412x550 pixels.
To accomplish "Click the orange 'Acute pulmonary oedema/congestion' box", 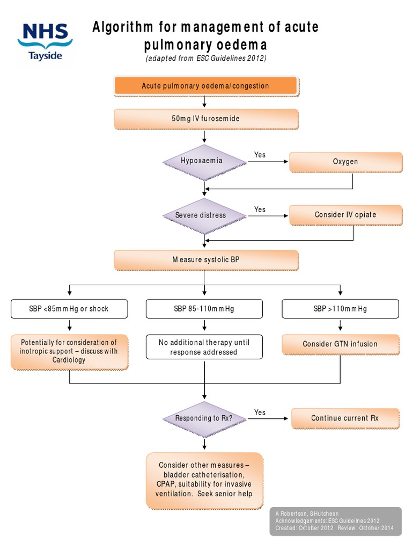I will tap(205, 86).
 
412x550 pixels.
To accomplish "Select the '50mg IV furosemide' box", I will tap(205, 119).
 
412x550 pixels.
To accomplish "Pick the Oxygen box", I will tap(345, 162).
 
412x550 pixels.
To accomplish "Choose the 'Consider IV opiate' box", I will tap(345, 215).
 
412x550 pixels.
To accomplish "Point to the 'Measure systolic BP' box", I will tap(205, 260).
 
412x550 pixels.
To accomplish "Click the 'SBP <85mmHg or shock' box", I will tap(70, 309).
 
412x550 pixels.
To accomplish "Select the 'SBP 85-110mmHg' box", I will tap(204, 309).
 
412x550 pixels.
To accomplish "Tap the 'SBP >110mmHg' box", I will tap(340, 309).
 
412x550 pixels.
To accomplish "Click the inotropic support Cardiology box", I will tap(69, 351).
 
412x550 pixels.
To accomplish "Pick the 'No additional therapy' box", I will tap(204, 347).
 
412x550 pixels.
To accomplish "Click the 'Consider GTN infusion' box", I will tap(340, 344).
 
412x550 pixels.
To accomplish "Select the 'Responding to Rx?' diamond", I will tap(204, 418).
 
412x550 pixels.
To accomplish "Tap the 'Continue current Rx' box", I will tap(345, 418).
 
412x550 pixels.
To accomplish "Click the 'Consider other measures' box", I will tap(204, 480).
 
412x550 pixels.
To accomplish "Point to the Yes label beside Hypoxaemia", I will tap(260, 155).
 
